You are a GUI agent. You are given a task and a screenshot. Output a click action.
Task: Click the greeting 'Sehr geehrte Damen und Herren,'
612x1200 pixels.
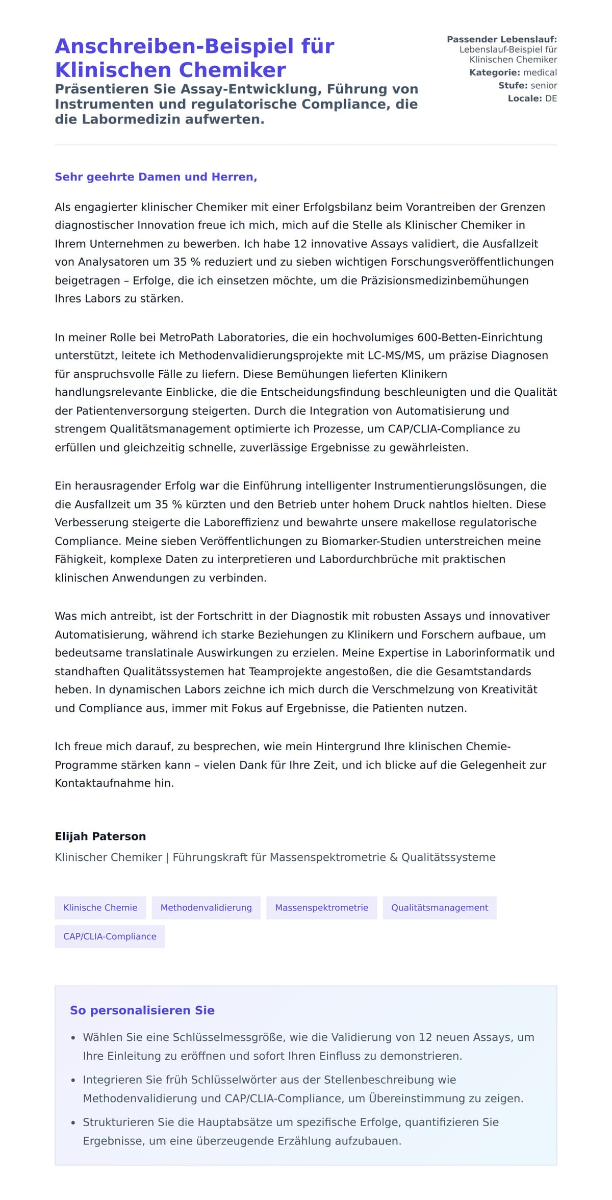pyautogui.click(x=156, y=177)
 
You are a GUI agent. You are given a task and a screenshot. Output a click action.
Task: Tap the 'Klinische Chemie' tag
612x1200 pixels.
pyautogui.click(x=100, y=907)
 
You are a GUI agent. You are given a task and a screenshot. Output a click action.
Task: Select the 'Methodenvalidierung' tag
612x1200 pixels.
pyautogui.click(x=206, y=907)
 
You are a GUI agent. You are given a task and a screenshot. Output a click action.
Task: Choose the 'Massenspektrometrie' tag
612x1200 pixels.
pyautogui.click(x=321, y=907)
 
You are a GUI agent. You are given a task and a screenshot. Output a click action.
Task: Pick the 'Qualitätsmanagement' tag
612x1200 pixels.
pyautogui.click(x=439, y=907)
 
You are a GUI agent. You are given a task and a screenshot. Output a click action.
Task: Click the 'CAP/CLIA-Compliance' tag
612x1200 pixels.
pyautogui.click(x=110, y=936)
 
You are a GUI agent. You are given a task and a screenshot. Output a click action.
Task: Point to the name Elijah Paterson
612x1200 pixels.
pyautogui.click(x=100, y=836)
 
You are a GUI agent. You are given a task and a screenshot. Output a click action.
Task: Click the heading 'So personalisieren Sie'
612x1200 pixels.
pyautogui.click(x=142, y=1011)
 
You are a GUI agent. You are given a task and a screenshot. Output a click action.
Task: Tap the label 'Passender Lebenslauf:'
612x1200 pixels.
pyautogui.click(x=501, y=39)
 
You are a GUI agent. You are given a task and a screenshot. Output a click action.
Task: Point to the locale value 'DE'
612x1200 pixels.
pyautogui.click(x=551, y=98)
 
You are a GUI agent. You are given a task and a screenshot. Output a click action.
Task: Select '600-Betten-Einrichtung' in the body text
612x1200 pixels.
pyautogui.click(x=479, y=338)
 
